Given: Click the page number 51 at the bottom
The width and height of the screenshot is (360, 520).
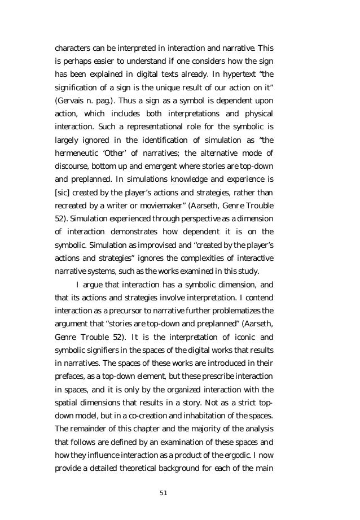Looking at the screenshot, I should click(164, 493).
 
